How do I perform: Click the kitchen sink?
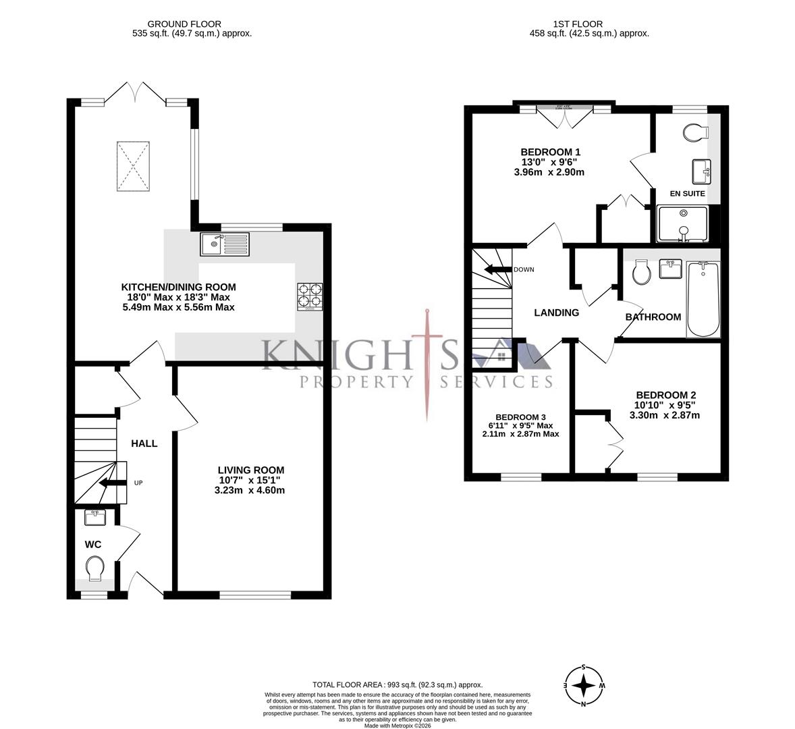click(225, 244)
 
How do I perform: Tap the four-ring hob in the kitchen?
click(310, 296)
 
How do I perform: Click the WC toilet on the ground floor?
click(94, 568)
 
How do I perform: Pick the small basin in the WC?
click(94, 518)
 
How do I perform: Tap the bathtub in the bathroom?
click(703, 299)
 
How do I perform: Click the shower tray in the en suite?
click(682, 224)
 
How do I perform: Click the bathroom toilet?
click(640, 273)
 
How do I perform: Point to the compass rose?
click(583, 685)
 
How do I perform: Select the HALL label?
click(144, 443)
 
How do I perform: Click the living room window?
click(254, 595)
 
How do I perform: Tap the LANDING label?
click(556, 313)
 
